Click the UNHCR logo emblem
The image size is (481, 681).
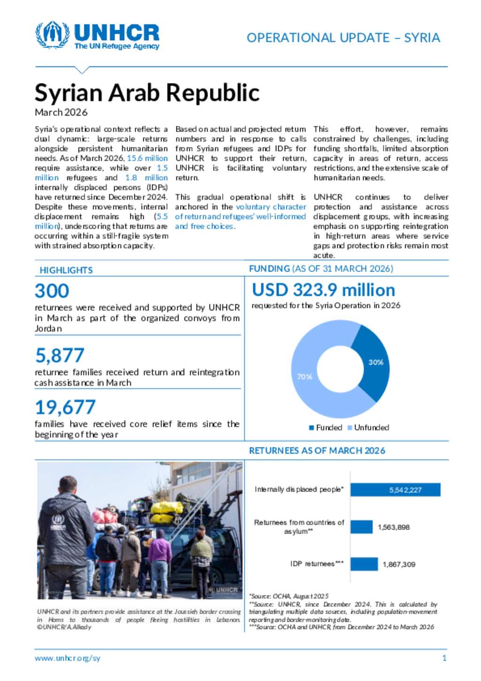(x=52, y=34)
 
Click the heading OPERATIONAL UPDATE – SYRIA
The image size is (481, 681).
(x=343, y=38)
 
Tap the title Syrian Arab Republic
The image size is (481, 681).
(x=147, y=93)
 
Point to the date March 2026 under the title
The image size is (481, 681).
(x=61, y=112)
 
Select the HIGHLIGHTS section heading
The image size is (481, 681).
(x=66, y=270)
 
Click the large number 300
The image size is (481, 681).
(x=52, y=291)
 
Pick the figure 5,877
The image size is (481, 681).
(x=60, y=356)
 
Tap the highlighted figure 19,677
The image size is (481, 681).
(x=65, y=407)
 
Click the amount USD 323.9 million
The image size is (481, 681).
(x=323, y=290)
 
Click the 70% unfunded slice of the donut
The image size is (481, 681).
(x=310, y=376)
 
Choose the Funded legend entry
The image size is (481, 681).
(x=326, y=428)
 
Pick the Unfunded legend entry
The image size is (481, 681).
(x=368, y=428)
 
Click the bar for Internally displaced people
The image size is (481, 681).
(x=395, y=490)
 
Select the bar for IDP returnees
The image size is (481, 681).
(x=364, y=564)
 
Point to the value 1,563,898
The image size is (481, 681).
(x=394, y=527)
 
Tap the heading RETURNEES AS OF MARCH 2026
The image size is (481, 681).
(x=317, y=451)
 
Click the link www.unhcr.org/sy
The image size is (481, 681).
(x=67, y=658)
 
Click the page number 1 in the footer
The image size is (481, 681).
(x=444, y=658)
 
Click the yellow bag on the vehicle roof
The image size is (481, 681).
(x=167, y=508)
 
